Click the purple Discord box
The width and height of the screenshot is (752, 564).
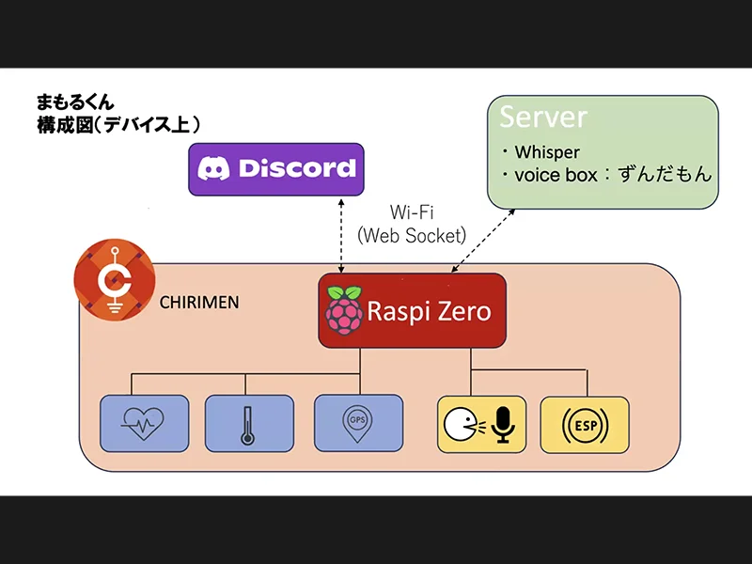275,169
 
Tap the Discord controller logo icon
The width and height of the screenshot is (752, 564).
213,169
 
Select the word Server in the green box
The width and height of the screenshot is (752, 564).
543,117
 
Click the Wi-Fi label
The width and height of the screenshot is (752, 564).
412,213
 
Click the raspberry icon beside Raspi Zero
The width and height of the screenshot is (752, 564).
344,307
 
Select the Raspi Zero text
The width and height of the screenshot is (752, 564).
429,310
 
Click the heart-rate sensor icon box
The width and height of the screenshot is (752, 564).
145,424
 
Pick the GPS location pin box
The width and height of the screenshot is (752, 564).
358,422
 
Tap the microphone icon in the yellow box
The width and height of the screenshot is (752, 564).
504,425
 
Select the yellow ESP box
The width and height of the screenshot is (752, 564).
585,425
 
